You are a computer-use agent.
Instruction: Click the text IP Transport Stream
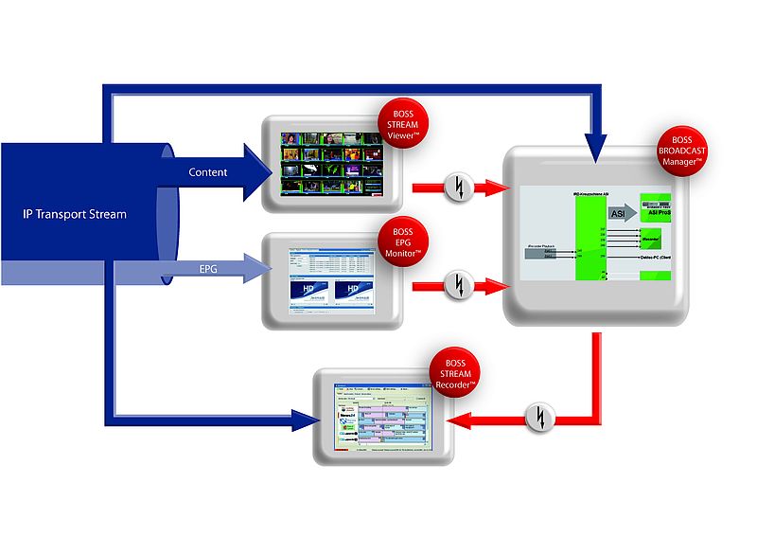tap(76, 214)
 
